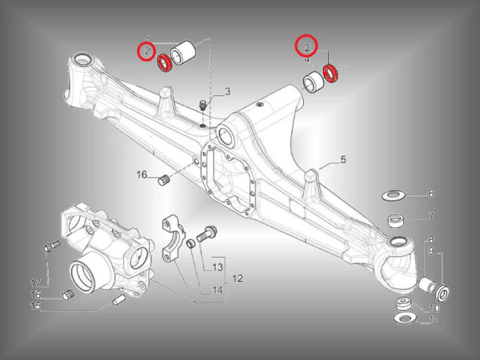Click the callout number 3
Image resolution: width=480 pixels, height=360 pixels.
227,92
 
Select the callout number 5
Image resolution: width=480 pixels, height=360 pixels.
343,160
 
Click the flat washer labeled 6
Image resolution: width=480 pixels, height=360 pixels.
394,195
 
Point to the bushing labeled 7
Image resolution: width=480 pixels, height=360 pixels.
396,221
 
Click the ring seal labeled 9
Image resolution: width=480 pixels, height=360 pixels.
442,292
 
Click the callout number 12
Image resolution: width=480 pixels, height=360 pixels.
237,278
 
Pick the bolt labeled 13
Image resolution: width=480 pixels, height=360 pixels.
206,233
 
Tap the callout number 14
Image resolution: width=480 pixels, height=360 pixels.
217,290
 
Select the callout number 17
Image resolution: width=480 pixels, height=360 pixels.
35,283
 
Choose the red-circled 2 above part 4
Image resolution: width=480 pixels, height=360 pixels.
307,47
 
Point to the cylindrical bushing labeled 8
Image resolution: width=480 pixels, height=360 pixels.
427,284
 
